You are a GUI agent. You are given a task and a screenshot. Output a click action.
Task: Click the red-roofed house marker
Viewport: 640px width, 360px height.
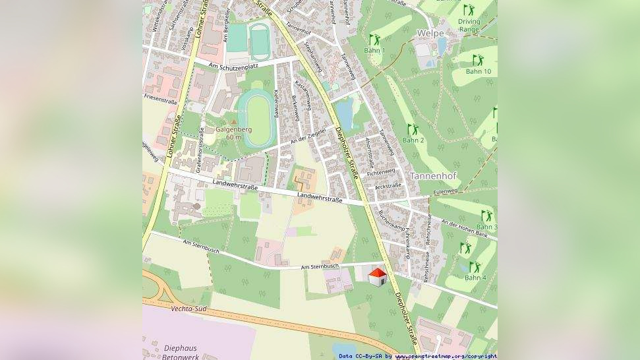coord(377,277)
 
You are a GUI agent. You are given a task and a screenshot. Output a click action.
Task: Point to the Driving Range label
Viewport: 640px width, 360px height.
coord(469,25)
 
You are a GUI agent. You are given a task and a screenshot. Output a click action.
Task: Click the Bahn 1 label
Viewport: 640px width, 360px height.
coord(374,51)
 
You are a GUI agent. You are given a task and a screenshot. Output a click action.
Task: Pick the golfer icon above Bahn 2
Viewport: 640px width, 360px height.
coord(413,129)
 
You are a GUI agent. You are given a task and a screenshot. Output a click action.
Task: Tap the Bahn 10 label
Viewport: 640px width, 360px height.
coord(479,71)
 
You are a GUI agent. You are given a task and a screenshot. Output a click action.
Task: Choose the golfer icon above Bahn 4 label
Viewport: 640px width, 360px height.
coord(475,267)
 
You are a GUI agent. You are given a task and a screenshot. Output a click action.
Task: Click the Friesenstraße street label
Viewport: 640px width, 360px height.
coord(161,97)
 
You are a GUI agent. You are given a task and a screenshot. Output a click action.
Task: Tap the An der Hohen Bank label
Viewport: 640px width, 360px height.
coord(465,228)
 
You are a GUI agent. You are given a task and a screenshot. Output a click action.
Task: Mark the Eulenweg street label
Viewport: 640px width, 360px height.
coord(445,191)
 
